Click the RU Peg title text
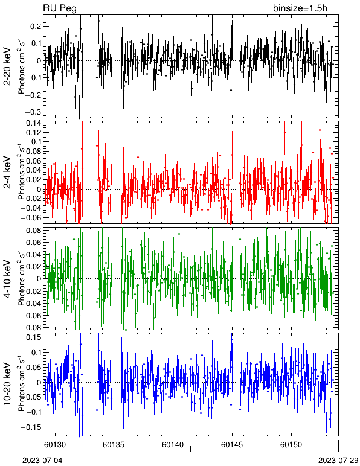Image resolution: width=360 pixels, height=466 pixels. (x=60, y=8)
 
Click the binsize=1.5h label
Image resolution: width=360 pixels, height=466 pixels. (x=300, y=8)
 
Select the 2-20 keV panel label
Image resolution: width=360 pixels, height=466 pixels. (x=8, y=66)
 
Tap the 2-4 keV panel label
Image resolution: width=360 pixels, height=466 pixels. (x=8, y=173)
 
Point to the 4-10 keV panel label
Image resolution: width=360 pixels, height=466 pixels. (x=8, y=279)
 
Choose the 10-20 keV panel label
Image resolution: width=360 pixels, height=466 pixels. (x=8, y=384)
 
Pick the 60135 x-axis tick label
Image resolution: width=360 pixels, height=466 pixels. (x=114, y=445)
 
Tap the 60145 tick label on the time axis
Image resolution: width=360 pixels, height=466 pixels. (x=232, y=445)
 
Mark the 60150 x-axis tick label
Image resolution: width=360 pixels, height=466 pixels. (x=291, y=445)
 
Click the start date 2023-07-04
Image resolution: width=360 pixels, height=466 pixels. (x=42, y=460)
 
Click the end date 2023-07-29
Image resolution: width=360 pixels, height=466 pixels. (x=338, y=460)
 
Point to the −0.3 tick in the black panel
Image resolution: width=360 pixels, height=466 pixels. (x=33, y=112)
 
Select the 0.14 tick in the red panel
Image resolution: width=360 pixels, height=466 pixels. (x=34, y=123)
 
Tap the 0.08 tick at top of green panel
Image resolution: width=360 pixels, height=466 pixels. (x=34, y=231)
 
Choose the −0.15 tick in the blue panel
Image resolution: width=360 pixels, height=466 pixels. (x=31, y=427)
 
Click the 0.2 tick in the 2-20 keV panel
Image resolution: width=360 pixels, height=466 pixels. (x=36, y=27)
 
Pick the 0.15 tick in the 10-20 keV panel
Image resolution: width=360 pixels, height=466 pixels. (x=34, y=337)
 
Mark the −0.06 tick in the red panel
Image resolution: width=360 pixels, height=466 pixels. (x=31, y=217)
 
